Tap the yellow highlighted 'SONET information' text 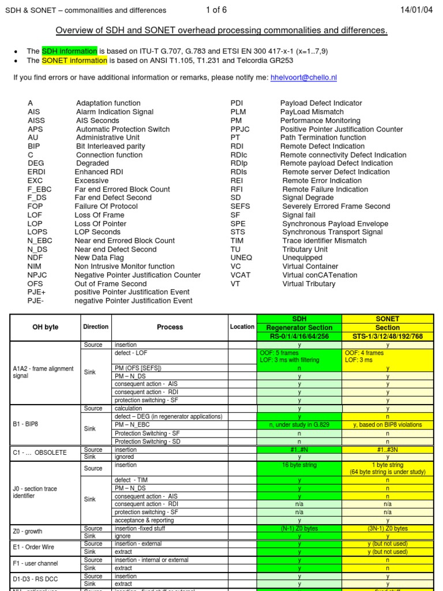(x=74, y=60)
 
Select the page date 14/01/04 (x=416, y=10)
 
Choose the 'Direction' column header (x=96, y=327)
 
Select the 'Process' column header (x=170, y=327)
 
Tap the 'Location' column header (x=242, y=327)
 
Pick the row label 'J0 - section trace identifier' (x=35, y=492)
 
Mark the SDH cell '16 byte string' (x=299, y=465)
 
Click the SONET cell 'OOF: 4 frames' (x=364, y=353)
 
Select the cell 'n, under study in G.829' (x=299, y=425)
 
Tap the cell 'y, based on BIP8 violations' (x=387, y=425)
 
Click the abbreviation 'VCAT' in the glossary (x=241, y=275)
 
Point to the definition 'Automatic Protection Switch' (x=123, y=129)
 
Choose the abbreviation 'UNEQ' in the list (x=241, y=258)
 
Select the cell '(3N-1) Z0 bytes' (x=387, y=528)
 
